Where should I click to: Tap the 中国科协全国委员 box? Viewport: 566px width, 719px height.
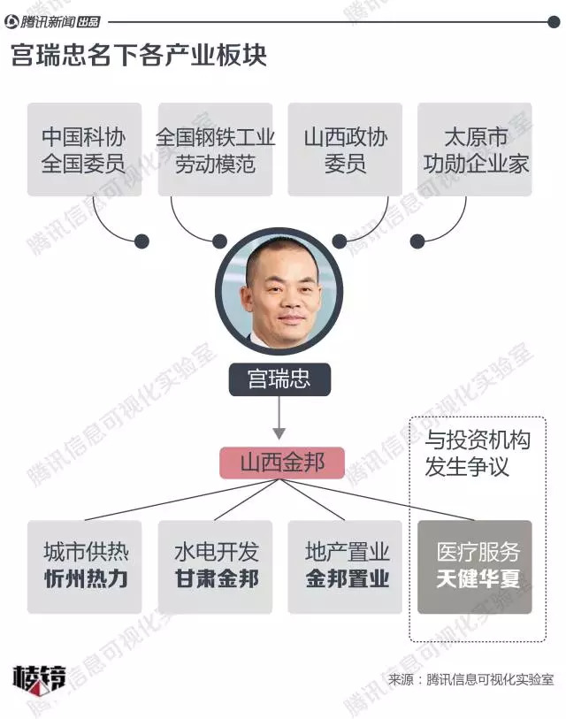[x=84, y=149]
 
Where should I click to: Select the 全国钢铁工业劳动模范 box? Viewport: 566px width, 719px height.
[x=215, y=149]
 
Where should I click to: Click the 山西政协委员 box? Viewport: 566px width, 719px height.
[x=345, y=149]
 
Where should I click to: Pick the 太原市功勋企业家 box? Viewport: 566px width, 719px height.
[x=475, y=149]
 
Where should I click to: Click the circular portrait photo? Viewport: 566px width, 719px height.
[x=279, y=290]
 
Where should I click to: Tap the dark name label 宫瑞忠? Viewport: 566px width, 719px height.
[x=279, y=380]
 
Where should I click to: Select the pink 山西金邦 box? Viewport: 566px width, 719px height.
[x=282, y=462]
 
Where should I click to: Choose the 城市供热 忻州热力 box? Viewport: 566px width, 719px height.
[x=84, y=566]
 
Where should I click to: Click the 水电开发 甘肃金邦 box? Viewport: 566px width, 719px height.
[x=215, y=566]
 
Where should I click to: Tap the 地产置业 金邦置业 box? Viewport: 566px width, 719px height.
[x=345, y=566]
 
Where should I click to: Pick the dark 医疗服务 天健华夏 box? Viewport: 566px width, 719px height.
[x=475, y=566]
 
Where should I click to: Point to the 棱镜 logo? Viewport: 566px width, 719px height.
[x=38, y=678]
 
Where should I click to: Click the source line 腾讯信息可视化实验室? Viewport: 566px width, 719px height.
[x=470, y=679]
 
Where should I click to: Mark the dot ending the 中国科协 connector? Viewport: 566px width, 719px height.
[x=141, y=241]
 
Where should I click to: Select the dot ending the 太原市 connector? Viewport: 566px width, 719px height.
[x=417, y=241]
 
